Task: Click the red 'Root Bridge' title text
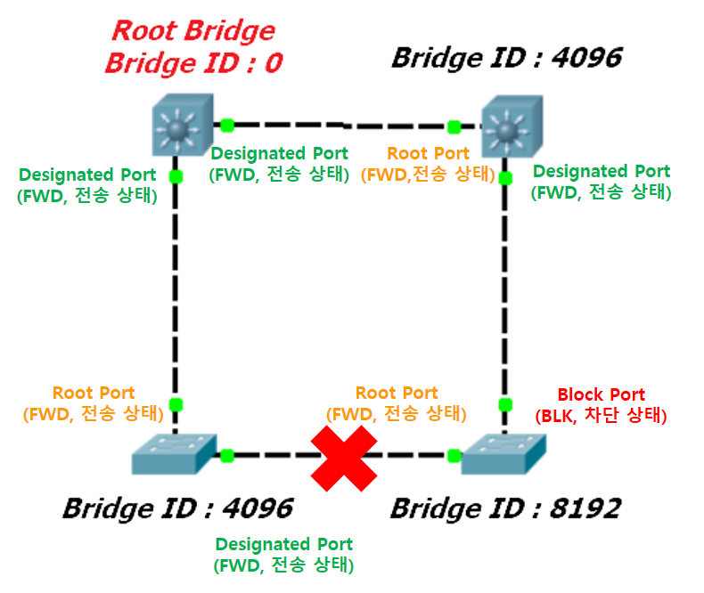[193, 30]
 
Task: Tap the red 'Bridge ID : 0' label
[194, 63]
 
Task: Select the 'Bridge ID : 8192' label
[506, 508]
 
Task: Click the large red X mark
[344, 459]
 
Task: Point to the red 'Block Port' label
[602, 394]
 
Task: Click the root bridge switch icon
[183, 125]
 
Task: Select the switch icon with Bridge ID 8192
[503, 454]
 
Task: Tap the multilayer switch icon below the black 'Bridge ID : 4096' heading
[512, 126]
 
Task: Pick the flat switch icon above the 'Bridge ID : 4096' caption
[174, 454]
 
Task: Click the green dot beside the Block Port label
[505, 404]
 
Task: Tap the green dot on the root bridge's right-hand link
[227, 126]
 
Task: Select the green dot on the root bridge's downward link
[176, 176]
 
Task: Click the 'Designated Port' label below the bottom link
[283, 544]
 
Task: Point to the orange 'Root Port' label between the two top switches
[428, 153]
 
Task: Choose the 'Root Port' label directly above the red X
[397, 393]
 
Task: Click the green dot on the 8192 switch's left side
[454, 456]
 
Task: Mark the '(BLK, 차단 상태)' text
[601, 416]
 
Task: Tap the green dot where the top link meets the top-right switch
[454, 127]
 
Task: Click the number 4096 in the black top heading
[587, 58]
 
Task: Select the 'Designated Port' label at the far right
[602, 171]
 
